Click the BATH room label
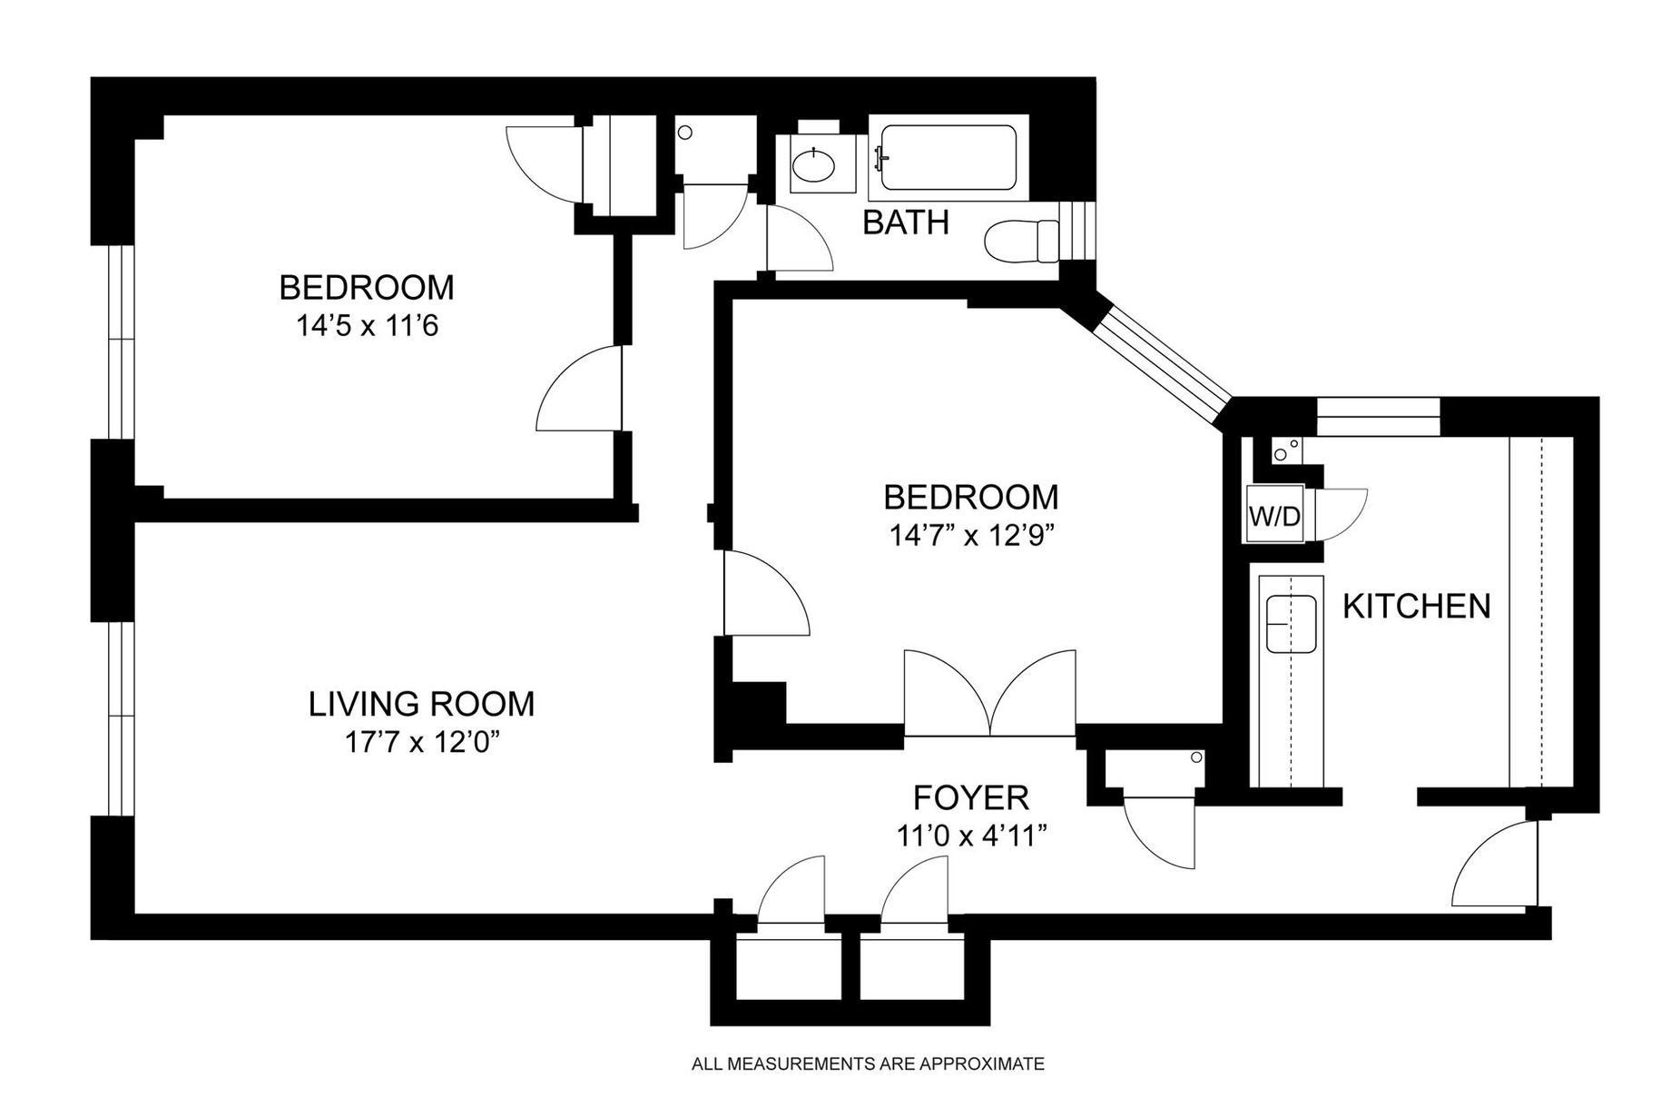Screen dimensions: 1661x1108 point(905,222)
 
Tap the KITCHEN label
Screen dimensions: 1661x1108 point(1416,606)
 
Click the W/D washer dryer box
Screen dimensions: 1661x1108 point(1274,517)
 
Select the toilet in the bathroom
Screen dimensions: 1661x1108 point(1022,240)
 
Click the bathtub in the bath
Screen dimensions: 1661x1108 point(948,157)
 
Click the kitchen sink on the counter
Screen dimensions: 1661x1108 point(1291,624)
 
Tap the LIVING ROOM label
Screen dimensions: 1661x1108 point(421,704)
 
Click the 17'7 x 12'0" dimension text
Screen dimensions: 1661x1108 point(422,743)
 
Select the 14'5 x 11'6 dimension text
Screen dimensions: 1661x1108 point(367,325)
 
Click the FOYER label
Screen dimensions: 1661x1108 point(970,797)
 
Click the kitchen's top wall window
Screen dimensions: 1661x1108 point(1378,416)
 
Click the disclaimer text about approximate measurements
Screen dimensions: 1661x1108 point(868,1063)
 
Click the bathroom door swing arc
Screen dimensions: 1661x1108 point(800,238)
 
